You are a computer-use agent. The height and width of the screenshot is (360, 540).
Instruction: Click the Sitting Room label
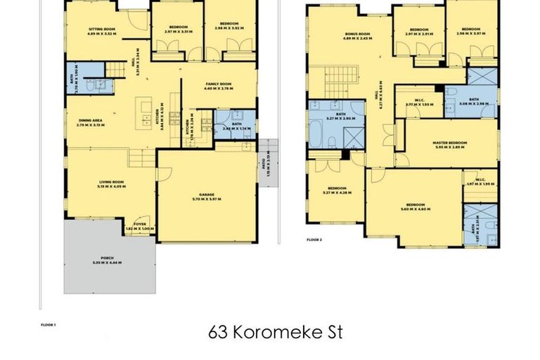[x=101, y=31]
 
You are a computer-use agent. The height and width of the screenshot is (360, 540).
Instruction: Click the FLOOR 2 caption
[x=314, y=240]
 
